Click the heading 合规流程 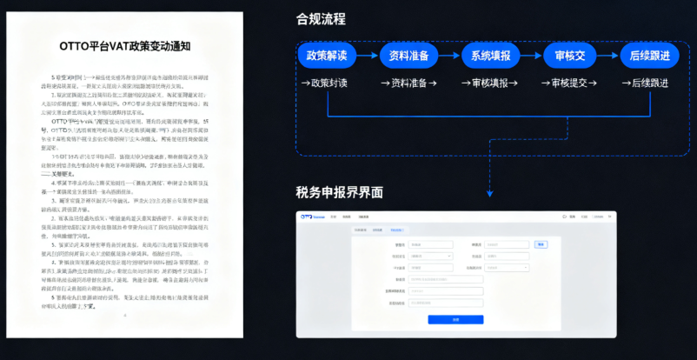(x=322, y=19)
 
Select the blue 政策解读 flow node (x=327, y=56)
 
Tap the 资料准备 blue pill (x=408, y=56)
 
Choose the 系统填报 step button (x=490, y=56)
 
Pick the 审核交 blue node (x=569, y=56)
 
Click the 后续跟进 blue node (x=648, y=56)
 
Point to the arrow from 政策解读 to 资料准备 (x=368, y=56)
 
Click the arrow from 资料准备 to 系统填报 (x=449, y=56)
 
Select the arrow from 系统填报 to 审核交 (x=531, y=56)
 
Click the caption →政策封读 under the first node (x=324, y=83)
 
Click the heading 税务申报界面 (x=340, y=192)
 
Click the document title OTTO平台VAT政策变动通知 (x=125, y=44)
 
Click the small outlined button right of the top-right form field (x=541, y=244)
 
